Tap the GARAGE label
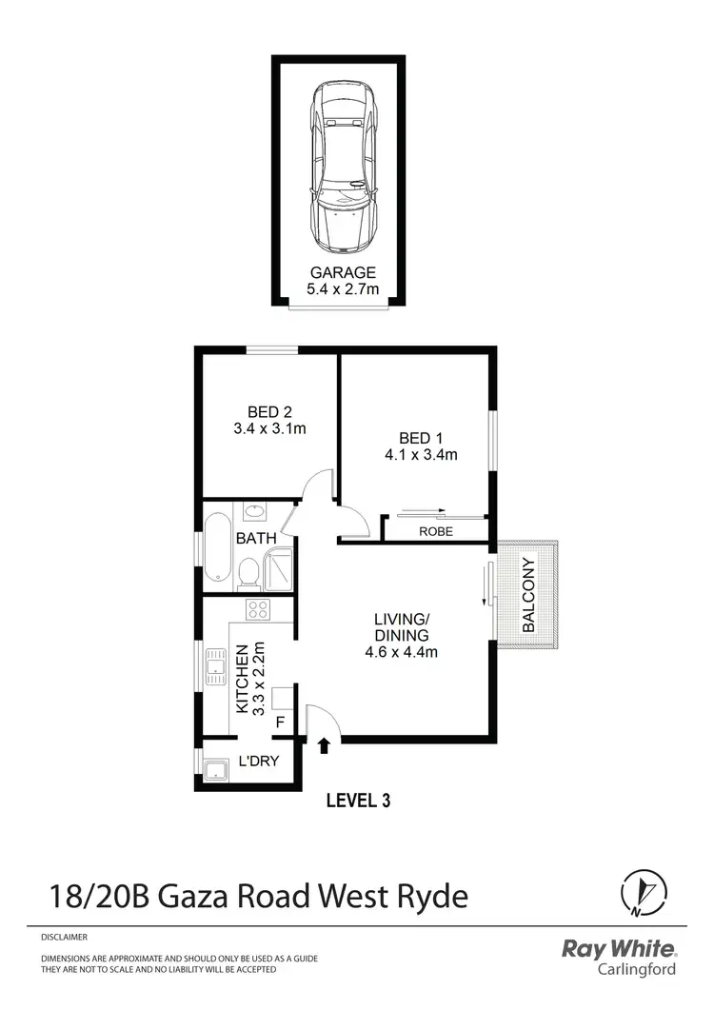343,272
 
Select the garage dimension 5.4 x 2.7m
343,288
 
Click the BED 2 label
269,412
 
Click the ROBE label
436,531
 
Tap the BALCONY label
530,595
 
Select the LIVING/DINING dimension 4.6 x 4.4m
401,652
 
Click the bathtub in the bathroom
216,547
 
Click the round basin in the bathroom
254,513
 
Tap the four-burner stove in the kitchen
257,609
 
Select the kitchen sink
213,666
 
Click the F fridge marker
280,722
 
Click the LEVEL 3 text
358,801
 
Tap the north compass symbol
637,894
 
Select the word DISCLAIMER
64,938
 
